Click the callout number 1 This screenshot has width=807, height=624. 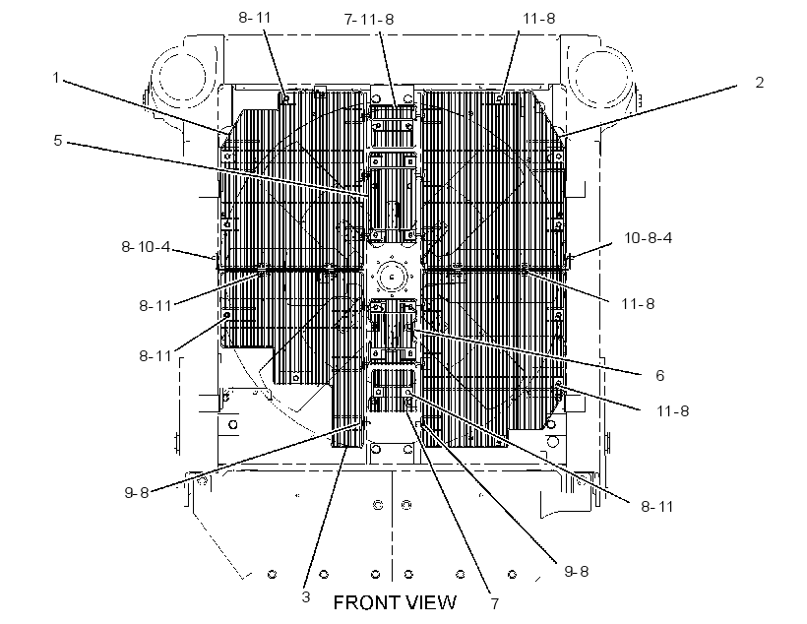pos(56,78)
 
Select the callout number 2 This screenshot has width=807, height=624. pos(759,83)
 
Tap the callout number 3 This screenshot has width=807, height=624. pos(306,596)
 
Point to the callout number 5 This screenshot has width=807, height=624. pos(58,140)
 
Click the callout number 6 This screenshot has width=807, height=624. pos(659,375)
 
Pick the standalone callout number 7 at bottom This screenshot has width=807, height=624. pos(495,603)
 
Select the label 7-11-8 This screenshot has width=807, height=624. pos(369,19)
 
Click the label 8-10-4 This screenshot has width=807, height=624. pos(146,247)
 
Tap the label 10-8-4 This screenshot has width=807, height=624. pos(648,238)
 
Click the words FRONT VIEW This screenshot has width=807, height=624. pos(395,602)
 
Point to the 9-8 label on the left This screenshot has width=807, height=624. pos(137,493)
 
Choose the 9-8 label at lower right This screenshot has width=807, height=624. pos(577,571)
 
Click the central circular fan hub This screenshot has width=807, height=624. pos(392,277)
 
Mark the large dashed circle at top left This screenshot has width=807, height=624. pos(182,77)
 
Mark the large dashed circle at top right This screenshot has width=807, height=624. pos(602,76)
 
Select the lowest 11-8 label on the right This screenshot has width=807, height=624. pos(672,410)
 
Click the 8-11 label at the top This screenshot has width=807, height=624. pos(254,18)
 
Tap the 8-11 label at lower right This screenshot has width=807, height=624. pos(656,507)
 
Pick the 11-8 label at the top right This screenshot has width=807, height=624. pos(539,19)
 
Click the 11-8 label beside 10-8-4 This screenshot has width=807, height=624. pos(638,304)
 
